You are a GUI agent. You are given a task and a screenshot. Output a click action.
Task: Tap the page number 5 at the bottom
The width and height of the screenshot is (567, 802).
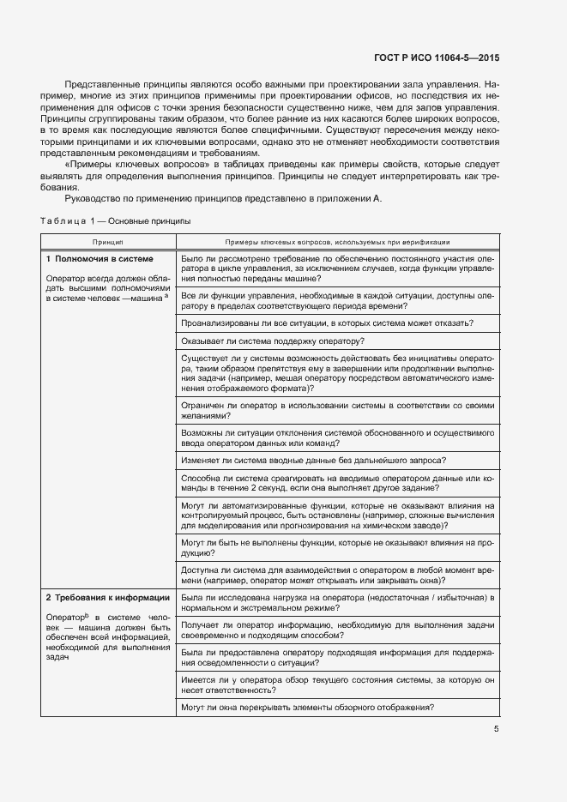[496, 729]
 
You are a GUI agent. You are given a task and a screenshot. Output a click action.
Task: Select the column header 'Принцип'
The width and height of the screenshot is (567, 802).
[109, 243]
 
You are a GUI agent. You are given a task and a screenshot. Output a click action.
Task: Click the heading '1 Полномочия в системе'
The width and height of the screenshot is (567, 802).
[100, 258]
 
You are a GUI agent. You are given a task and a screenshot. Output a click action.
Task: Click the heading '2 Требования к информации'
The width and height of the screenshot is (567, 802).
[107, 597]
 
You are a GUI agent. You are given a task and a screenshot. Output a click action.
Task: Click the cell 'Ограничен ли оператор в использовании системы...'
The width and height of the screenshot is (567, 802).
[339, 409]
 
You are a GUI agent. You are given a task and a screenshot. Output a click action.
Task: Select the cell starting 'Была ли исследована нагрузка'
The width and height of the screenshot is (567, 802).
[339, 602]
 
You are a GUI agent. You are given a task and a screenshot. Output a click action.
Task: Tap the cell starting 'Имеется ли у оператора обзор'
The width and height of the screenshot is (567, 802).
[339, 683]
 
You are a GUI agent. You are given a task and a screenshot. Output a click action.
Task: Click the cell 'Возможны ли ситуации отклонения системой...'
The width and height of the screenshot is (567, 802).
[339, 437]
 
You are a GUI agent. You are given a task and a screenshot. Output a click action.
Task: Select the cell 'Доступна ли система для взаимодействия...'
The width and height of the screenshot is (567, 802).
[339, 573]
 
